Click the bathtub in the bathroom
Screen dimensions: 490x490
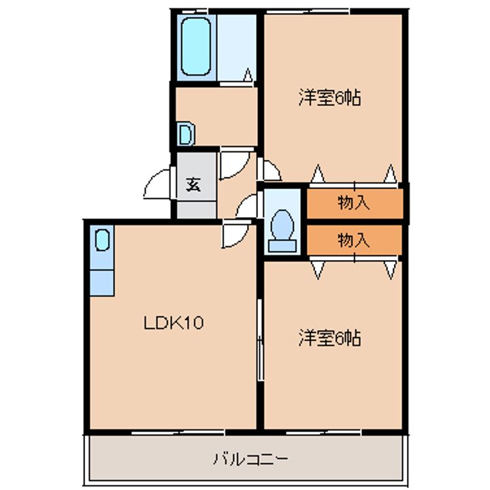coord(195,46)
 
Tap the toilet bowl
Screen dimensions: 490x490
coord(282,225)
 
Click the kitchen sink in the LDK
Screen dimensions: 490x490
coord(101,240)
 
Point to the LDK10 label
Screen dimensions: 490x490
coord(174,323)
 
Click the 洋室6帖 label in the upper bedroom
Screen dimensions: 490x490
coord(329,98)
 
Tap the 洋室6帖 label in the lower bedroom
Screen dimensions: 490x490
coord(329,338)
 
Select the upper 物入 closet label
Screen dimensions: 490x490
coord(353,202)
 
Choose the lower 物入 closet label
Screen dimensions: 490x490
coord(353,240)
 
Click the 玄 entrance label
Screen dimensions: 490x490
coord(193,184)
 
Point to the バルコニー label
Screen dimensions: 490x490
coord(249,458)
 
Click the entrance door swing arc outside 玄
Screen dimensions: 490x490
coord(158,184)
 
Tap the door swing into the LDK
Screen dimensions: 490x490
coord(234,235)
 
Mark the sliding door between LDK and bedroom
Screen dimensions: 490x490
coord(259,340)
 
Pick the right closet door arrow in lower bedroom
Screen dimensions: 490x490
coord(390,270)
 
